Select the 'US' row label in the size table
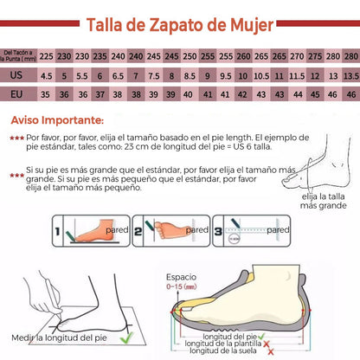(16, 75)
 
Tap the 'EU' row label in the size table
(16, 93)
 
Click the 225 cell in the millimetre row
(47, 56)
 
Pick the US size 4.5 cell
(47, 75)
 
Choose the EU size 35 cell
(47, 93)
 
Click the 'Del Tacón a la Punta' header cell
(18, 56)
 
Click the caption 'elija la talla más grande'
(321, 201)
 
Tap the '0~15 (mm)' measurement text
(183, 282)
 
